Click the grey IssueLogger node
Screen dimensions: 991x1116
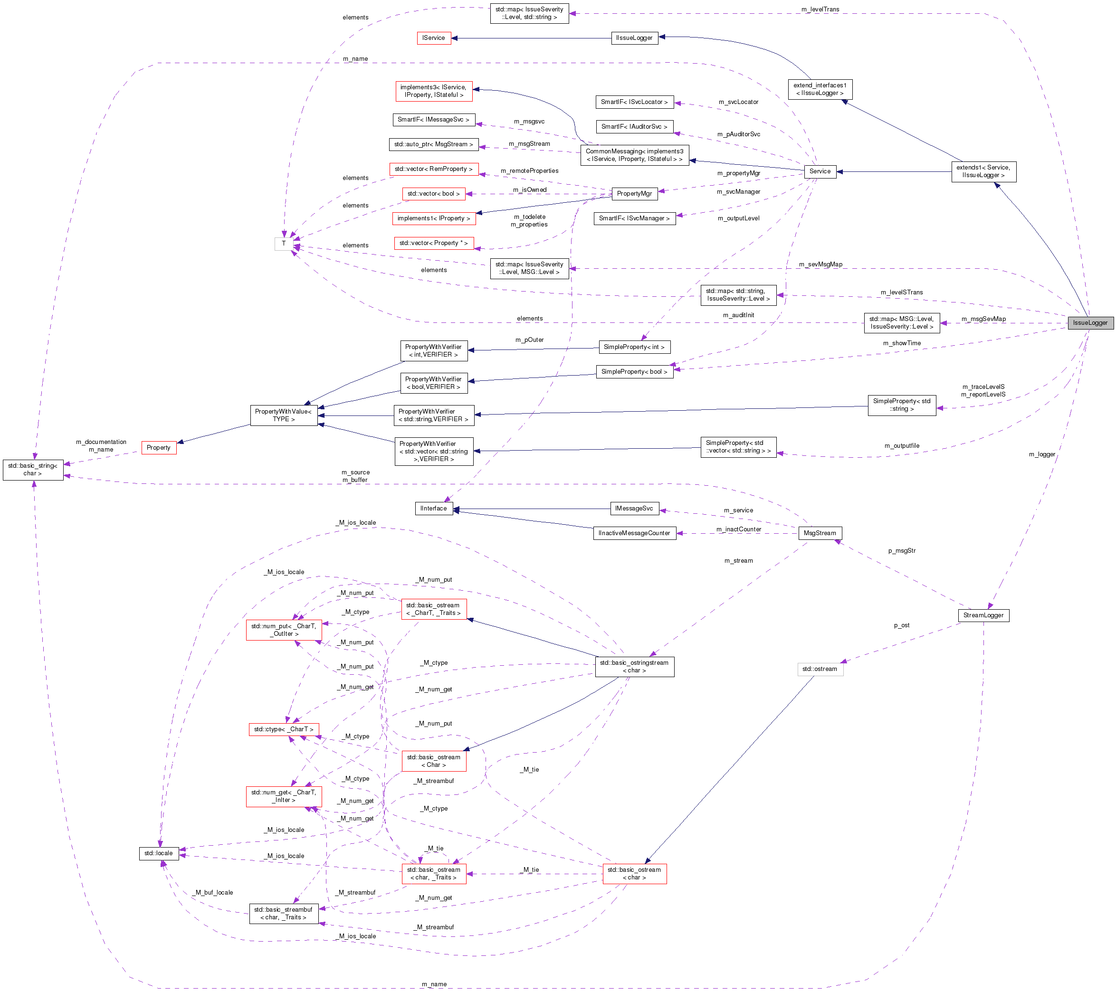click(x=1090, y=322)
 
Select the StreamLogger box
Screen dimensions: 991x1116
click(x=983, y=615)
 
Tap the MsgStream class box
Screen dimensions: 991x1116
click(x=819, y=533)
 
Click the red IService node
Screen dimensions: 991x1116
click(x=433, y=38)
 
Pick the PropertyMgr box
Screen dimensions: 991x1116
click(x=634, y=193)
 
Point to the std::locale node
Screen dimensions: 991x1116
click(x=158, y=853)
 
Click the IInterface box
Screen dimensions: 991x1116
click(x=433, y=508)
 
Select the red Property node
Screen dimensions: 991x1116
click(x=158, y=447)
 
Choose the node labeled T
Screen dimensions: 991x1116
click(x=283, y=244)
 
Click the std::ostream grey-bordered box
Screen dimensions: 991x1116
click(x=820, y=669)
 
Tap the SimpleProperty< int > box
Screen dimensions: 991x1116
click(x=634, y=347)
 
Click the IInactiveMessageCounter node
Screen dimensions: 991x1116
click(x=634, y=533)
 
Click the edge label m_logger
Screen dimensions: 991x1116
click(x=1042, y=454)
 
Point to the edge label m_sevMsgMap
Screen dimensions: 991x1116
click(x=820, y=264)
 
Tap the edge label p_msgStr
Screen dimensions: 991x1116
click(x=901, y=551)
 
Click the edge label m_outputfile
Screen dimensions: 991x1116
click(x=901, y=445)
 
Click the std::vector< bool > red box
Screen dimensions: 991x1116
click(x=433, y=193)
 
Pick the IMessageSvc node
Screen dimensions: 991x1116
click(x=634, y=508)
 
